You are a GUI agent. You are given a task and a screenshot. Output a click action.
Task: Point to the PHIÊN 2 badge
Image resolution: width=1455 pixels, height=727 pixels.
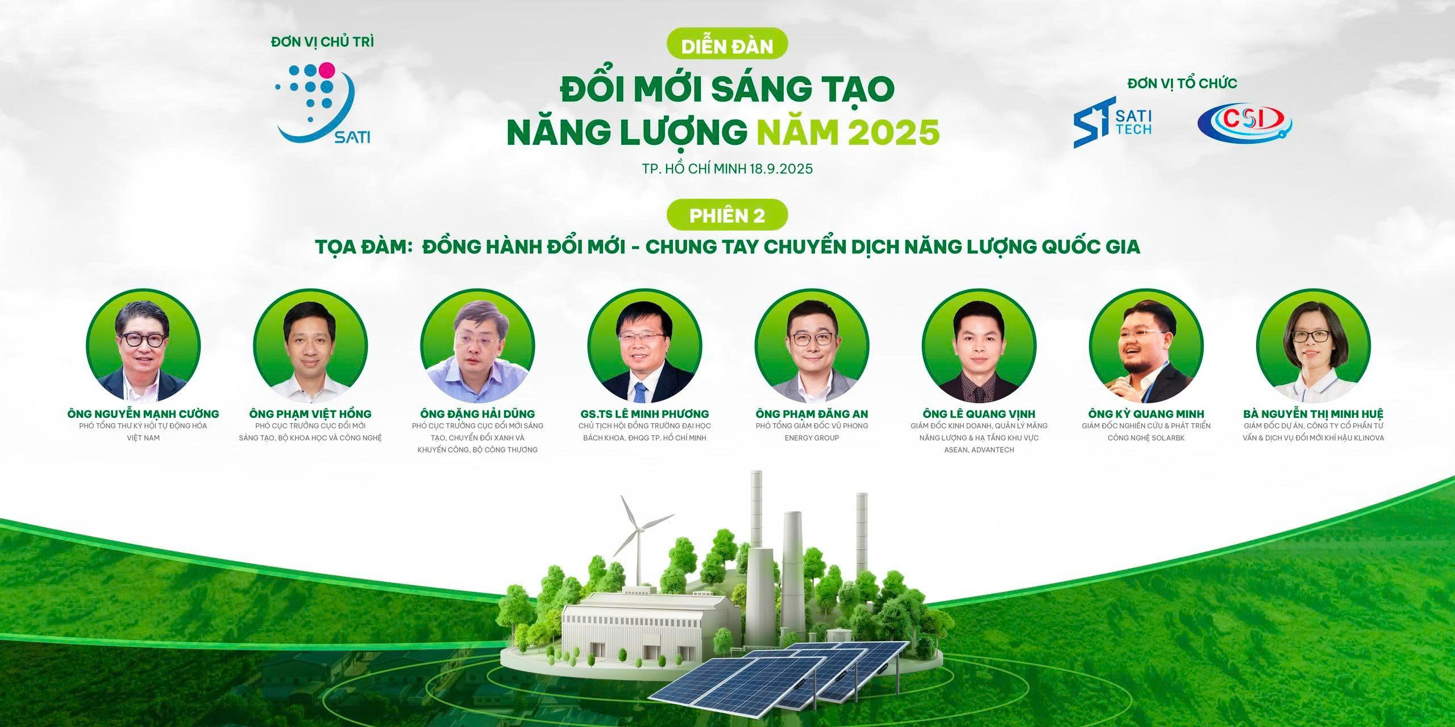click(x=727, y=216)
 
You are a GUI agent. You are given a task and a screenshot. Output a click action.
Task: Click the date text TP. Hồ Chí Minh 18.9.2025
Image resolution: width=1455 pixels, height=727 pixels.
click(x=727, y=169)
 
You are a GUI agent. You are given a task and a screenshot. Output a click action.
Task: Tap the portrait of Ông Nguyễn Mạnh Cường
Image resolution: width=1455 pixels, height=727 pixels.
click(x=143, y=346)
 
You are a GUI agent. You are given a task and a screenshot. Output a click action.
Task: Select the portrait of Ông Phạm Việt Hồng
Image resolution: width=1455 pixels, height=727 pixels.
click(x=310, y=346)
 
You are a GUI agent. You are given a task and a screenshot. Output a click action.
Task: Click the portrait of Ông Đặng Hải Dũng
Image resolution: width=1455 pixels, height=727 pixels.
click(x=477, y=346)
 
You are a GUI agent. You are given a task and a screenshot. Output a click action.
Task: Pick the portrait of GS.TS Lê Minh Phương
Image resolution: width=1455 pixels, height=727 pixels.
click(x=645, y=346)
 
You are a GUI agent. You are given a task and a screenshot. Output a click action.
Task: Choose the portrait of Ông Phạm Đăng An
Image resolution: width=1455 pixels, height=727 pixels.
click(x=812, y=346)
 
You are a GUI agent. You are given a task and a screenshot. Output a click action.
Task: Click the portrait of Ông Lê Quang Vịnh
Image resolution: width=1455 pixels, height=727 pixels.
click(x=979, y=346)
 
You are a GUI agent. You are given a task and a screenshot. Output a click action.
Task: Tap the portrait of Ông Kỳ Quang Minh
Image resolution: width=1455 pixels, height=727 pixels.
click(x=1146, y=346)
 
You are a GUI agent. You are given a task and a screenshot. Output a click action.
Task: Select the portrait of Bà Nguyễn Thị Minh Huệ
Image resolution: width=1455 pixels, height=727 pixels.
click(x=1313, y=346)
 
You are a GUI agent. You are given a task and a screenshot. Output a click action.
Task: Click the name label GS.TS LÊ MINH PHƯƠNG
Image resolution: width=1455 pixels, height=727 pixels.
click(x=644, y=413)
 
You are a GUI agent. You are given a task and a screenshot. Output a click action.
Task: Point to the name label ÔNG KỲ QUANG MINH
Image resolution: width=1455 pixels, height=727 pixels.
click(x=1146, y=413)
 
